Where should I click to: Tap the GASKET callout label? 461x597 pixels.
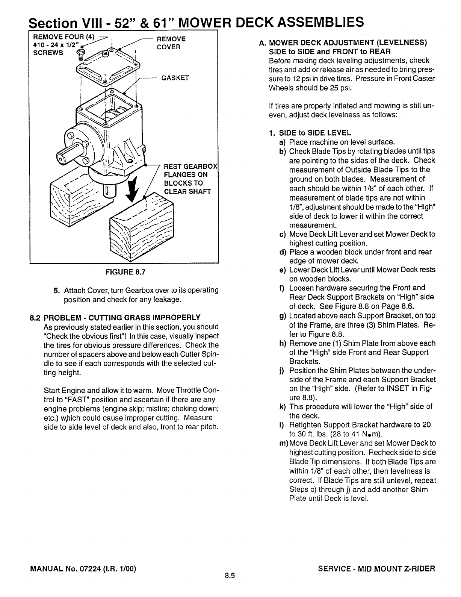point(175,78)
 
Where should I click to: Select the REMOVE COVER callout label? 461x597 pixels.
point(171,43)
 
